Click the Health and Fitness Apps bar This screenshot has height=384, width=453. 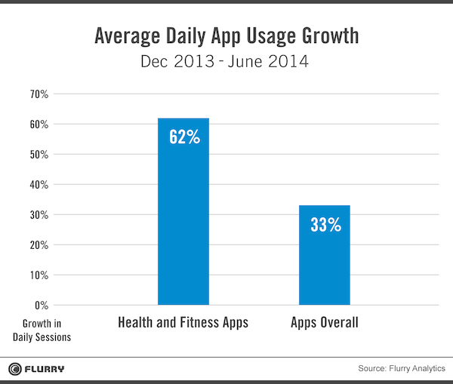pyautogui.click(x=183, y=219)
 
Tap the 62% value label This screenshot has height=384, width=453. pyautogui.click(x=183, y=137)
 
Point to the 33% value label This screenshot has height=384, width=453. pyautogui.click(x=325, y=224)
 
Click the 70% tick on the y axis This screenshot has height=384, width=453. pyautogui.click(x=39, y=94)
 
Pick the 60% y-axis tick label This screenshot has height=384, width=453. pyautogui.click(x=39, y=124)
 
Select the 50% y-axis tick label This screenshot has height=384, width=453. pyautogui.click(x=39, y=155)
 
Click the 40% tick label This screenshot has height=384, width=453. pyautogui.click(x=39, y=185)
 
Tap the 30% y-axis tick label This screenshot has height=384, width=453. pyautogui.click(x=39, y=215)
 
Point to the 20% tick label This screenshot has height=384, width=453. pyautogui.click(x=39, y=245)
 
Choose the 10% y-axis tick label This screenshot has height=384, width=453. pyautogui.click(x=39, y=275)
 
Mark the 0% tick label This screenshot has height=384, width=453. pyautogui.click(x=42, y=306)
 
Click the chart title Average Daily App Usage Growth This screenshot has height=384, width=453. pyautogui.click(x=226, y=35)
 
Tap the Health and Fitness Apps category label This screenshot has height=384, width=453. pyautogui.click(x=183, y=323)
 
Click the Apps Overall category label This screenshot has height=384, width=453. pyautogui.click(x=325, y=323)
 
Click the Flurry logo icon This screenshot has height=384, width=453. pyautogui.click(x=15, y=369)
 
